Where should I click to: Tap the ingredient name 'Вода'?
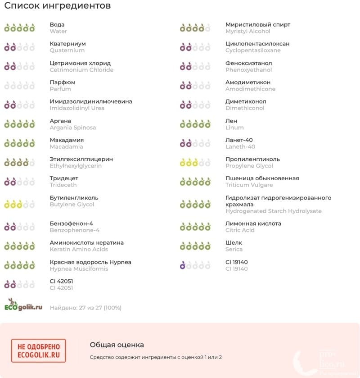57,25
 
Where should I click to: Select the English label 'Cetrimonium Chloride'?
81,70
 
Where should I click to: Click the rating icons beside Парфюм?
19,85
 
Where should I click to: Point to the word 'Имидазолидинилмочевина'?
91,101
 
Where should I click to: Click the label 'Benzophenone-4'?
74,230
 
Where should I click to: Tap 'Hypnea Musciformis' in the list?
79,269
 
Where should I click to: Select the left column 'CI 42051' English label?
61,288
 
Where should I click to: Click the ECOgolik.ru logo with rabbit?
23,305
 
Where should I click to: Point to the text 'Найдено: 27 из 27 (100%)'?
85,308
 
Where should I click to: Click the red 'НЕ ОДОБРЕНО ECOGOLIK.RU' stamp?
39,351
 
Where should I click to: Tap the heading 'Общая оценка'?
117,345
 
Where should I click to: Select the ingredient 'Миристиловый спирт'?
258,25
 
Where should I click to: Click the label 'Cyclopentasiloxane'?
253,50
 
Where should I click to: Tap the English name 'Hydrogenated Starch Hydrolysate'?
273,211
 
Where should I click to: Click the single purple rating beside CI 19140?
183,266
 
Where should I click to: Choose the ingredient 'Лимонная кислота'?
253,223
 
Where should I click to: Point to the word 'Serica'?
234,249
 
